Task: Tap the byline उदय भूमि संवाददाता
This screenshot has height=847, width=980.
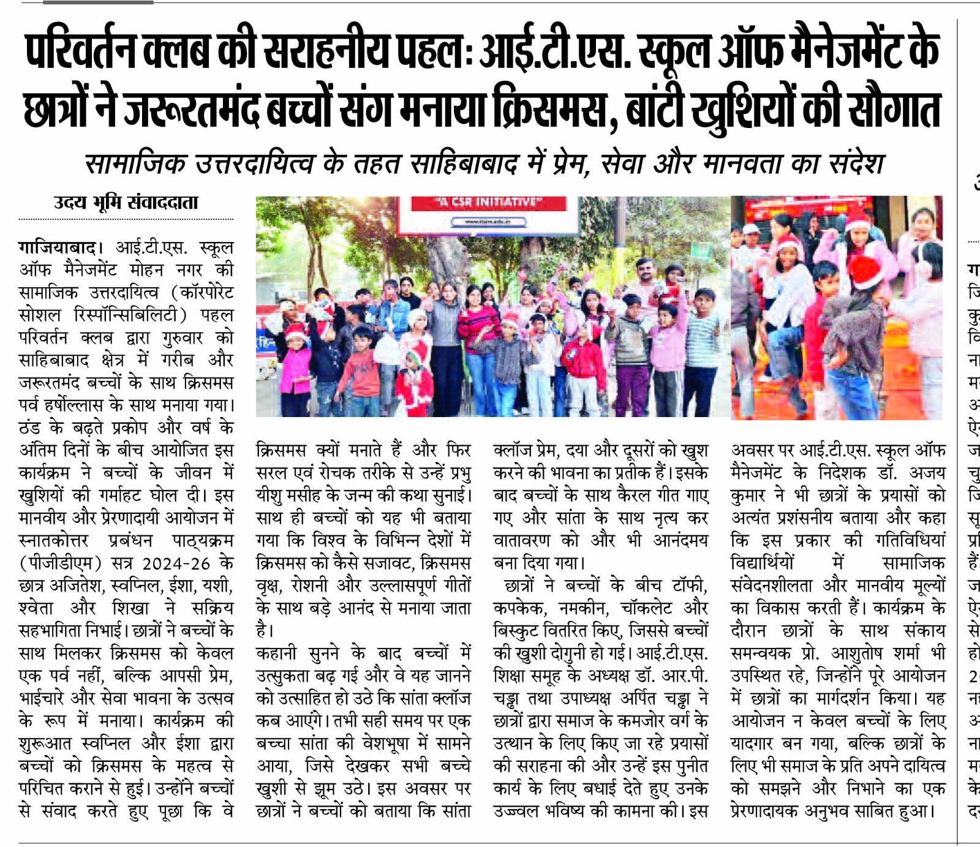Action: (126, 202)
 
